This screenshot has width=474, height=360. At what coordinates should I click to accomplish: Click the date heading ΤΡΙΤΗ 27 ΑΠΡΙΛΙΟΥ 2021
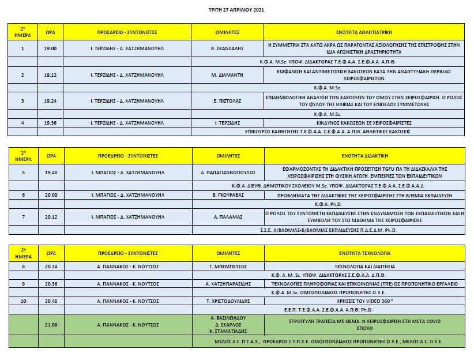click(236, 10)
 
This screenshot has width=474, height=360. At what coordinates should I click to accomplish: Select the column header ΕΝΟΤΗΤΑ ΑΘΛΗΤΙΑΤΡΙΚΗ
click(364, 32)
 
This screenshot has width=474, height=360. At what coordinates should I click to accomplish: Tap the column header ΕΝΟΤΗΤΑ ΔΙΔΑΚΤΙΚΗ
click(364, 156)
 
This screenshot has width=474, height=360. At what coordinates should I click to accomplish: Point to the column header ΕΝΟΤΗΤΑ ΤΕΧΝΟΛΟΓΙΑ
click(364, 253)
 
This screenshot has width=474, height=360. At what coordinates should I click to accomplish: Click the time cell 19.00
click(50, 48)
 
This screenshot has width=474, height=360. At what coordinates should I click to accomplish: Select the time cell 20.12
click(50, 217)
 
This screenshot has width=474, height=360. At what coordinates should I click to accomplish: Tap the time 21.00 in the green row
click(50, 325)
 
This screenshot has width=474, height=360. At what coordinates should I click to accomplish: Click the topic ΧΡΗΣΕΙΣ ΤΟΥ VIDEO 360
click(364, 301)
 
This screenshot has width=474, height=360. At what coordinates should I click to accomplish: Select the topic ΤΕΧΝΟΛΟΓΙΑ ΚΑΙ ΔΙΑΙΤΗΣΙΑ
click(364, 267)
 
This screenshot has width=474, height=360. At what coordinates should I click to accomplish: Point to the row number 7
click(22, 217)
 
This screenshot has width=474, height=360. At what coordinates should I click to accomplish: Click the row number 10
click(22, 301)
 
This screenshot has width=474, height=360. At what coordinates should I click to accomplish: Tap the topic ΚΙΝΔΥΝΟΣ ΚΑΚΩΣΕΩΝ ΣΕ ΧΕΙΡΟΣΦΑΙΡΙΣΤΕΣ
click(364, 123)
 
